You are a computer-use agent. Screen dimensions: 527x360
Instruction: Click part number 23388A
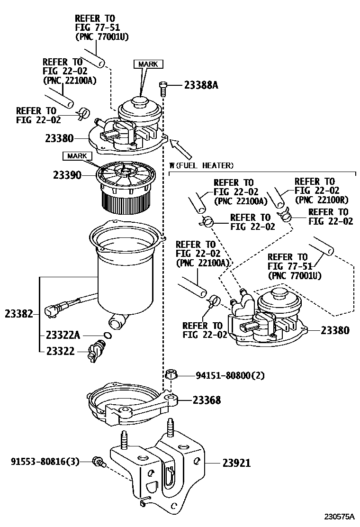pyautogui.click(x=201, y=85)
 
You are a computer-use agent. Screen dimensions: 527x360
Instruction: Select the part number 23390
pyautogui.click(x=68, y=175)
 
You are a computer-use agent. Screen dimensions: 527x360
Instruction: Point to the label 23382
pyautogui.click(x=19, y=314)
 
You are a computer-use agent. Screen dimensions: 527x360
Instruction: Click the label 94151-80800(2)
pyautogui.click(x=230, y=375)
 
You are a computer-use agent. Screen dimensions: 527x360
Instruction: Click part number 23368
pyautogui.click(x=207, y=400)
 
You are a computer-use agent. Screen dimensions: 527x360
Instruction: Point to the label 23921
pyautogui.click(x=236, y=463)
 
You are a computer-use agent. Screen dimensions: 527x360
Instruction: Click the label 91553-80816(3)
pyautogui.click(x=45, y=460)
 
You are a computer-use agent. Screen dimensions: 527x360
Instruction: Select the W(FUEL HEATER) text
pyautogui.click(x=201, y=165)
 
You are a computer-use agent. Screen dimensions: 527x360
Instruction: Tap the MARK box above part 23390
pyautogui.click(x=76, y=155)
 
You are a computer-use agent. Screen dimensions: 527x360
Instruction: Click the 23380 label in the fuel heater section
pyautogui.click(x=335, y=330)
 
